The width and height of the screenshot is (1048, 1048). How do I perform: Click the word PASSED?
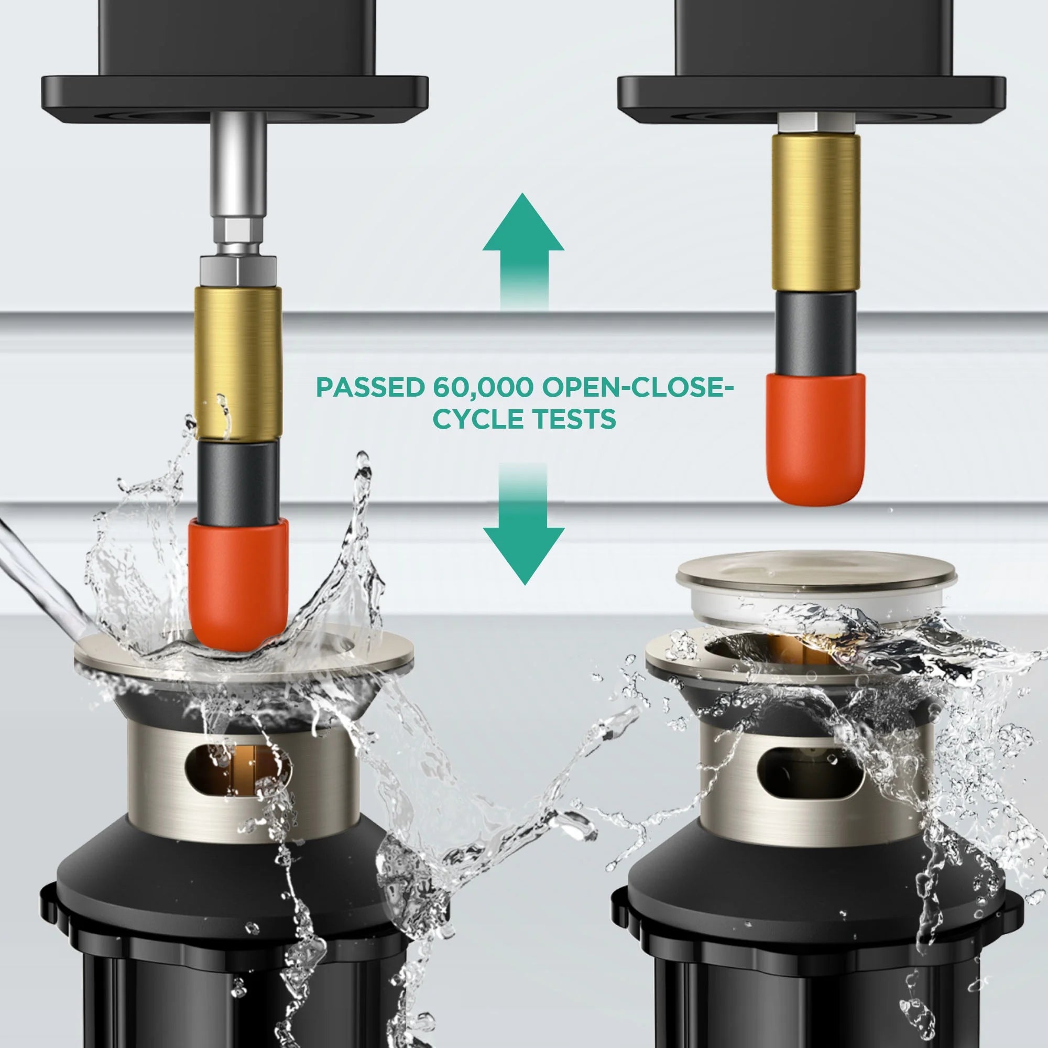click(x=370, y=387)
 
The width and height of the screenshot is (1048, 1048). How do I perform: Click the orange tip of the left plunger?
click(x=238, y=585)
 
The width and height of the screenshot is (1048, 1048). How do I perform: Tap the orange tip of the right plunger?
click(x=815, y=439)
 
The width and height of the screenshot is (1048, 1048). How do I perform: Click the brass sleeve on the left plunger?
click(x=238, y=363)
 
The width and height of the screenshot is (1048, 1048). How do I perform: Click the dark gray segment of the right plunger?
click(x=815, y=332)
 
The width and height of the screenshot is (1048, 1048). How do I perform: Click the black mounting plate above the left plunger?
click(x=235, y=97)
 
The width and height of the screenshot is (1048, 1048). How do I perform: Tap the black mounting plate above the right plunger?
click(x=812, y=97)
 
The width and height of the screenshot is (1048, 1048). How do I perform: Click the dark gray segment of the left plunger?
click(x=238, y=481)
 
